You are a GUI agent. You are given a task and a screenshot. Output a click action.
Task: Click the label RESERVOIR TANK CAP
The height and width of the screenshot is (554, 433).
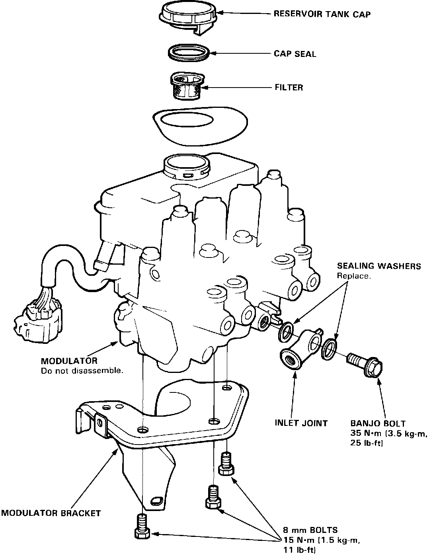coord(322,15)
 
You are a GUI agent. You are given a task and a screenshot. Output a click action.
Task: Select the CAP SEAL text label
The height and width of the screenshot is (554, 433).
coord(295,54)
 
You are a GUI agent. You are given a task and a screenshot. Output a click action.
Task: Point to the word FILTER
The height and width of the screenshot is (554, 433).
coord(289,87)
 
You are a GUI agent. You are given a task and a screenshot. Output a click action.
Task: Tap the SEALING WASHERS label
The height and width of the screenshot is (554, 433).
coord(379,266)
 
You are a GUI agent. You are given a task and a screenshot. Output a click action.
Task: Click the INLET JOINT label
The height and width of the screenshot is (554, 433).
coord(301,423)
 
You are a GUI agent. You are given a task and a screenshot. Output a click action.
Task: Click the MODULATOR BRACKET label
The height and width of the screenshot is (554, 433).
coord(51,513)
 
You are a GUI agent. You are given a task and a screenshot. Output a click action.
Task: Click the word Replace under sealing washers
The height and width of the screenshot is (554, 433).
coord(354,276)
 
